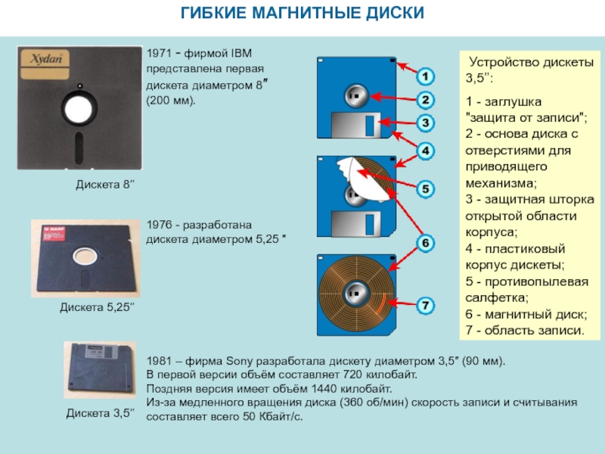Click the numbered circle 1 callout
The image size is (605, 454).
pos(425,76)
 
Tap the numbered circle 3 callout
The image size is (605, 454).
pos(425,123)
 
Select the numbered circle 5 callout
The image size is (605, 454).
pos(425,189)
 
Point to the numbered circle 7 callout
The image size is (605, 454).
pos(425,306)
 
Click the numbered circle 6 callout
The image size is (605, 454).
pos(425,243)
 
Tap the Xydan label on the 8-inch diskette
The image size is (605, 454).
pos(45,64)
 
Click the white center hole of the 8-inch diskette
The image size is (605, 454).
pos(79,108)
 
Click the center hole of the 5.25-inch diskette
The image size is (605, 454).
pos(85,256)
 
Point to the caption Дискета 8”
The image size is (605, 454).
pos(105,185)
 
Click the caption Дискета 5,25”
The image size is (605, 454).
pos(98,307)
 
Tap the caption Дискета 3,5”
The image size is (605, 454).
pos(101,413)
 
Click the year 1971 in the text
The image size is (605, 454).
pos(159,53)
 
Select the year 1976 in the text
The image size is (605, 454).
pos(159,225)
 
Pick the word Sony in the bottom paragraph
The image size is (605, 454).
pos(239,362)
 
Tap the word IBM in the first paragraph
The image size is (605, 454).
pos(241,53)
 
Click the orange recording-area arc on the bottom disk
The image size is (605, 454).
pos(382,303)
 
